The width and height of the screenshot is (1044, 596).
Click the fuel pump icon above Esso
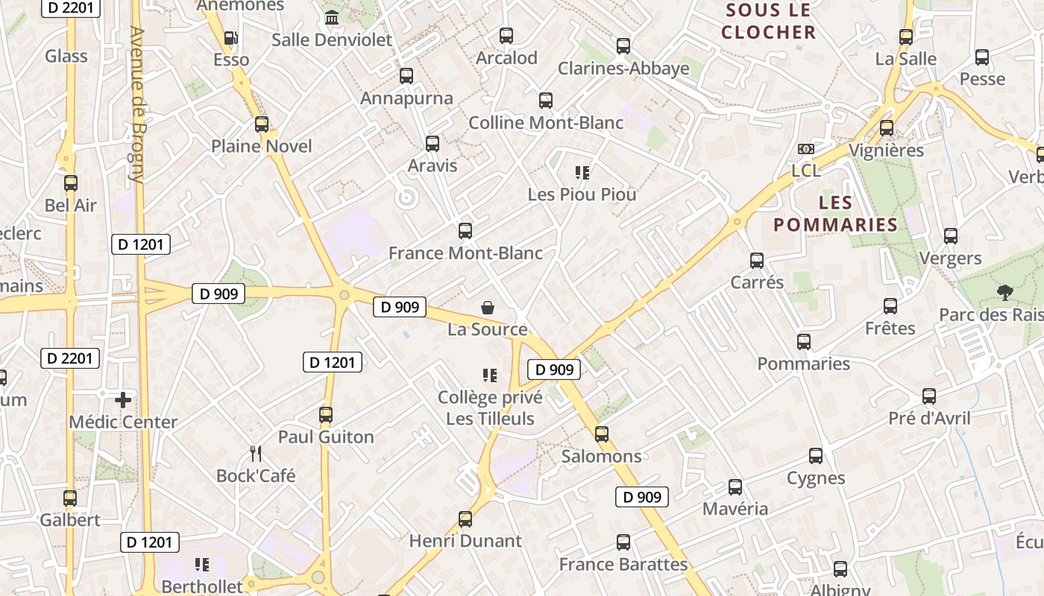point(231,38)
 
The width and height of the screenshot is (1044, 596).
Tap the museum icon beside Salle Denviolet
point(332,17)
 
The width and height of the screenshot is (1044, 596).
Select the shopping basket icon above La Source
point(488,307)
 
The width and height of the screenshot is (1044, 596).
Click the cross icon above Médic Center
point(123,400)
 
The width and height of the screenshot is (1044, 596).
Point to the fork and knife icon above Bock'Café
point(256,453)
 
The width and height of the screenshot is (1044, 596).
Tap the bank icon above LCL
point(805,149)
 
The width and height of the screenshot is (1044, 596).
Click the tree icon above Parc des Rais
point(1004,292)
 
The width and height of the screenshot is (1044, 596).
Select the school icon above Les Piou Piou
point(582,173)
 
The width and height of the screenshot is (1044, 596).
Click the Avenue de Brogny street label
point(136,104)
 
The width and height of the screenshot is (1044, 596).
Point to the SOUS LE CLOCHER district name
point(768,21)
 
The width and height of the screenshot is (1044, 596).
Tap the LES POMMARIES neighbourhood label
point(835,214)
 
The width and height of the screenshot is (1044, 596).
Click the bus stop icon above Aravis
point(433,143)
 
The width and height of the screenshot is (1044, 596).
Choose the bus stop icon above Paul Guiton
point(326,415)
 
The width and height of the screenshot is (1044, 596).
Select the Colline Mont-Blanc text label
point(546,122)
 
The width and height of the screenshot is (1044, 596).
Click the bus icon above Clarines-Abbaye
point(623,46)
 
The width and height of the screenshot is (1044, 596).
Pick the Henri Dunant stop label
point(465,541)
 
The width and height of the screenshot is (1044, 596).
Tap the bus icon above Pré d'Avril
point(929,396)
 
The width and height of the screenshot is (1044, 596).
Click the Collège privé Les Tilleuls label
point(490,408)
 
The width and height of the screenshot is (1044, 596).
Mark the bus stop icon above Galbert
point(70,498)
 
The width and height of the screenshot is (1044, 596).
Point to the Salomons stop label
point(601,456)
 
